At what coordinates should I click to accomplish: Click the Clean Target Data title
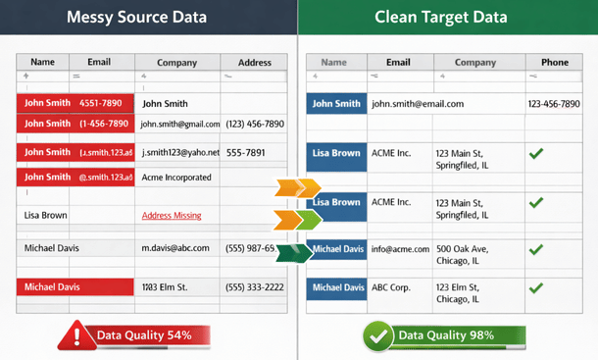pyautogui.click(x=447, y=18)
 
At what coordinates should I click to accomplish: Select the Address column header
pyautogui.click(x=254, y=63)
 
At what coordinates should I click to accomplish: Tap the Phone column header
pyautogui.click(x=554, y=63)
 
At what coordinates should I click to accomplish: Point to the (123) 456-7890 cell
pyautogui.click(x=255, y=125)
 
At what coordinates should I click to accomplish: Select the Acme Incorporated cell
pyautogui.click(x=176, y=178)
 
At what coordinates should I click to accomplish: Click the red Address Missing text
pyautogui.click(x=172, y=216)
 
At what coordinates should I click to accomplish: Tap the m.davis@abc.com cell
pyautogui.click(x=175, y=248)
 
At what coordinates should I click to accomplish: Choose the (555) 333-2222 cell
pyautogui.click(x=255, y=287)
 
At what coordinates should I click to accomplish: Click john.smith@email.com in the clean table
pyautogui.click(x=418, y=104)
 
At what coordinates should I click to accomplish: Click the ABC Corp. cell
pyautogui.click(x=392, y=288)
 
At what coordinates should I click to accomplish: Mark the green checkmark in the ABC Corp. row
pyautogui.click(x=536, y=289)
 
